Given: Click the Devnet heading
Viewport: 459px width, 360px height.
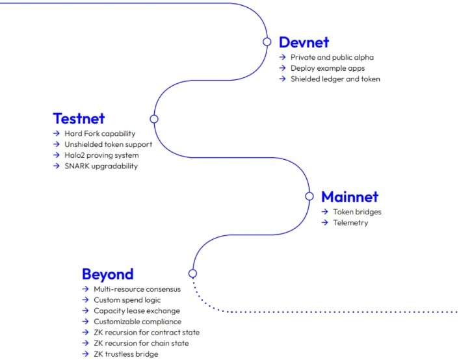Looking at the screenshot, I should coord(304,42).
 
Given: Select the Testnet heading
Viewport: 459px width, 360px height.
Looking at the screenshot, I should coord(79,119).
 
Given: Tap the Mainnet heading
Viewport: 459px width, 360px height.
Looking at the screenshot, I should coord(349,196).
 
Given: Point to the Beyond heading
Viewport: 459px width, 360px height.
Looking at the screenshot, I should coord(107,274).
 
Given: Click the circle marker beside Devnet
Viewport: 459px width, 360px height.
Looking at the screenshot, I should coord(267,42).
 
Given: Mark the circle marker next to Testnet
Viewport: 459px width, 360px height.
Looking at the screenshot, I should coord(154,119).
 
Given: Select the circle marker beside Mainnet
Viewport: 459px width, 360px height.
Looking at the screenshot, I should coord(309,196).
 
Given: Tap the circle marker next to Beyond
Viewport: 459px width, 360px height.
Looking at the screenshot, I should coord(192,273).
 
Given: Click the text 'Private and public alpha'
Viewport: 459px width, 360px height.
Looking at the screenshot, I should coord(332,57).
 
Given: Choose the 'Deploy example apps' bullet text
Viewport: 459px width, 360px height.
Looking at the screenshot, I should coord(328,68).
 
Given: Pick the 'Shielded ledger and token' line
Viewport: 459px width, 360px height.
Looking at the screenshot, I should coord(335,79).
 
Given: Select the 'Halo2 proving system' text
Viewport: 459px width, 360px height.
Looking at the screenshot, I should coord(101,155).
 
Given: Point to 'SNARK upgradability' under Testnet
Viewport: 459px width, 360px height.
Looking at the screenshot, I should coord(101,166).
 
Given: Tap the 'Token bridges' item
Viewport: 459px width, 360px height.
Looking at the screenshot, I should coord(357,212).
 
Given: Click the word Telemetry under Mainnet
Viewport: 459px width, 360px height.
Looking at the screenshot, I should coord(350,223).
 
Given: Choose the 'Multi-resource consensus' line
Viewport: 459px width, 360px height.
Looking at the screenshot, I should coord(137,289).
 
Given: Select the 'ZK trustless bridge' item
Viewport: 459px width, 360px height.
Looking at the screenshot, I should coord(125,354).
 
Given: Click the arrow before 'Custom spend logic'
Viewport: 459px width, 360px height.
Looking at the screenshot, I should coord(85,300).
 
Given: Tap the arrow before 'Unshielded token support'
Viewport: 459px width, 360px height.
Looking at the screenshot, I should coord(57,145).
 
